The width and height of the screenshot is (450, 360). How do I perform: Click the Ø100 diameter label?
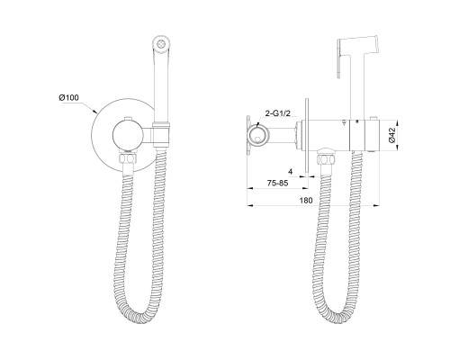[68, 97]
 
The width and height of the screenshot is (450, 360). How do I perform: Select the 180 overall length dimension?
[306, 201]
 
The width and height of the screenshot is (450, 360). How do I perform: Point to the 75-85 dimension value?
[277, 184]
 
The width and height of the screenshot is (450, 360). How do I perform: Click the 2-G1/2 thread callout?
[278, 113]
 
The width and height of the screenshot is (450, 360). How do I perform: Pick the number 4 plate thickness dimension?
[290, 172]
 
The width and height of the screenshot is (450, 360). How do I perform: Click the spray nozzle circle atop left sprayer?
[161, 44]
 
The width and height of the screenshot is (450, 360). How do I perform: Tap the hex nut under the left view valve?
[129, 158]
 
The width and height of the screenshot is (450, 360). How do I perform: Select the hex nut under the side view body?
[326, 158]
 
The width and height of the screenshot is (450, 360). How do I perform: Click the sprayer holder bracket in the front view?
[162, 134]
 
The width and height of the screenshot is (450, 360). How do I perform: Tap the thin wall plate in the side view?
[306, 136]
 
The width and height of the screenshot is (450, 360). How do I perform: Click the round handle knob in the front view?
[127, 134]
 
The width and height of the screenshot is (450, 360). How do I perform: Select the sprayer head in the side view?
[358, 48]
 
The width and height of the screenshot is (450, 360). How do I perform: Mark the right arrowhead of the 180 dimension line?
[376, 205]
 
